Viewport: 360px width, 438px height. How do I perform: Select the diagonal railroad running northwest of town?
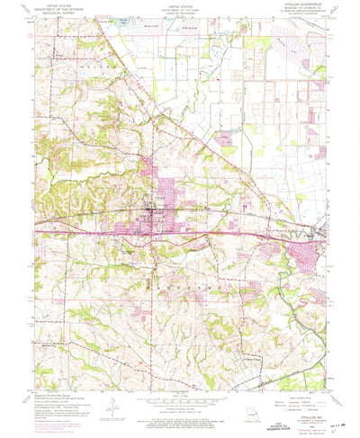coord(117,81)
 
